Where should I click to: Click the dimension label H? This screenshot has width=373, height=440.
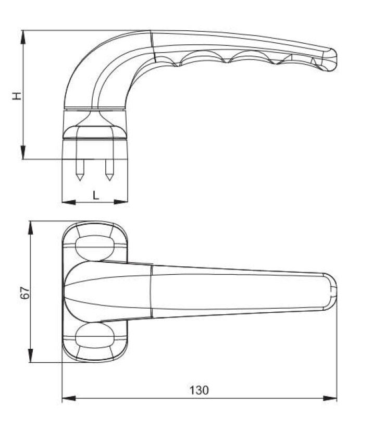17,96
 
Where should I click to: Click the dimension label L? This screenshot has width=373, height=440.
96,195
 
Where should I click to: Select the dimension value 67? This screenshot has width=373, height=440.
25,292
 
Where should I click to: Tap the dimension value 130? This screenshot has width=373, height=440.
199,390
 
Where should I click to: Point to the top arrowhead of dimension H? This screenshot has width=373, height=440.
23,37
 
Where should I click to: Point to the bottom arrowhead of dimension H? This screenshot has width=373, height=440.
23,152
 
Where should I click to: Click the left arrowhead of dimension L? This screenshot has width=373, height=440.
69,202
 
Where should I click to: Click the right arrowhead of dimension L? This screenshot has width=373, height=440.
120,202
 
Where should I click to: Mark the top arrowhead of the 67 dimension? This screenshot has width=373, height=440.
31,228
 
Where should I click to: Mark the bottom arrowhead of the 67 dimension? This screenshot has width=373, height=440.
31,356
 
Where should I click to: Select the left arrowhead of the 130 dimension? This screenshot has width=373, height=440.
69,398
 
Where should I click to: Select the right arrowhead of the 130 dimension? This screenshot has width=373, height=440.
330,398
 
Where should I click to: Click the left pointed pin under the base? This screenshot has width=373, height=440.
80,170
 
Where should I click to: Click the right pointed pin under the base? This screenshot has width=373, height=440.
109,170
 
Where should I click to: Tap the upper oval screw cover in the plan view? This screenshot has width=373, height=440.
95,248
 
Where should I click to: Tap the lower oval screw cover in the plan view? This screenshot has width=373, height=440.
95,335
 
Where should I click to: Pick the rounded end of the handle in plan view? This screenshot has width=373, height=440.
330,291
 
